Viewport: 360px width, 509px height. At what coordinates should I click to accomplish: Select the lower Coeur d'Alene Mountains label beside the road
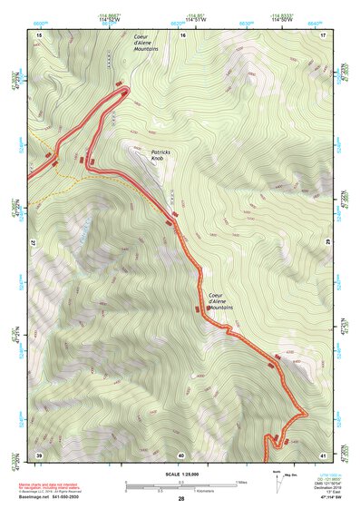pyautogui.click(x=220, y=301)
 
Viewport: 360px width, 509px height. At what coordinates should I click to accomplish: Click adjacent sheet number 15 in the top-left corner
pyautogui.click(x=39, y=34)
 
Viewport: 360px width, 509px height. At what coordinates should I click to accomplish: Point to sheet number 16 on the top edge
pyautogui.click(x=182, y=34)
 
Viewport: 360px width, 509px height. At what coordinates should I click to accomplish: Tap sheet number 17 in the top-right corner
pyautogui.click(x=324, y=34)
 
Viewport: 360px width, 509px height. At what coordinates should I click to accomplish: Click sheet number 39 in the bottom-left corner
pyautogui.click(x=39, y=455)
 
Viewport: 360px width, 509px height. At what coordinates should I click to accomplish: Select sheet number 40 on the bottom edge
pyautogui.click(x=181, y=455)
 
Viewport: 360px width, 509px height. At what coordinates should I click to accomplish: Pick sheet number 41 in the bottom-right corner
pyautogui.click(x=324, y=455)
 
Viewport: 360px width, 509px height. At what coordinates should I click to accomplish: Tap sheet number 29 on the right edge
pyautogui.click(x=327, y=244)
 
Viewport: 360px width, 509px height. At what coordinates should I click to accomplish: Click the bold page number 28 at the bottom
pyautogui.click(x=181, y=499)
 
